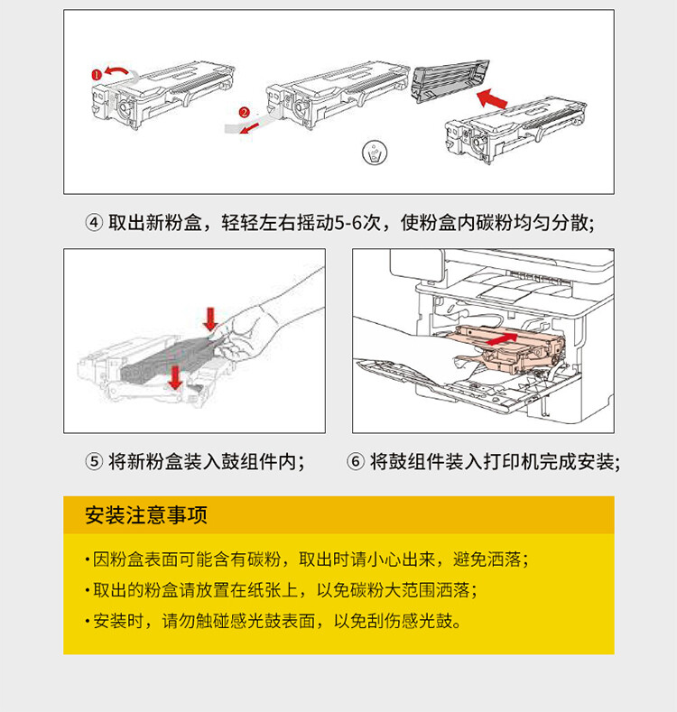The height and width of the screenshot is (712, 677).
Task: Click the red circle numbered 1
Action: tap(97, 74)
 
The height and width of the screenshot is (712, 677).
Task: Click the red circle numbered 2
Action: tap(243, 113)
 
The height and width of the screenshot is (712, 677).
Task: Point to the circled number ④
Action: tap(95, 223)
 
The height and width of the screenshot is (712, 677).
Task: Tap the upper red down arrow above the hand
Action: tap(210, 318)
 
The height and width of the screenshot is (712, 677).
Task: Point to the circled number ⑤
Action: tap(95, 462)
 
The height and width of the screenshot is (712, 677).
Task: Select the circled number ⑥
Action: tap(356, 462)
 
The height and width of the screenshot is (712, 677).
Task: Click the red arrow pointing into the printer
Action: tap(506, 338)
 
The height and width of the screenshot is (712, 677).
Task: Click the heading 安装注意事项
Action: tap(146, 515)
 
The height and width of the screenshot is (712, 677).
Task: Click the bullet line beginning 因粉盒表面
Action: tap(307, 559)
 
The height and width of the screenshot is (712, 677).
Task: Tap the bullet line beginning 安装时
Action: tap(275, 622)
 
